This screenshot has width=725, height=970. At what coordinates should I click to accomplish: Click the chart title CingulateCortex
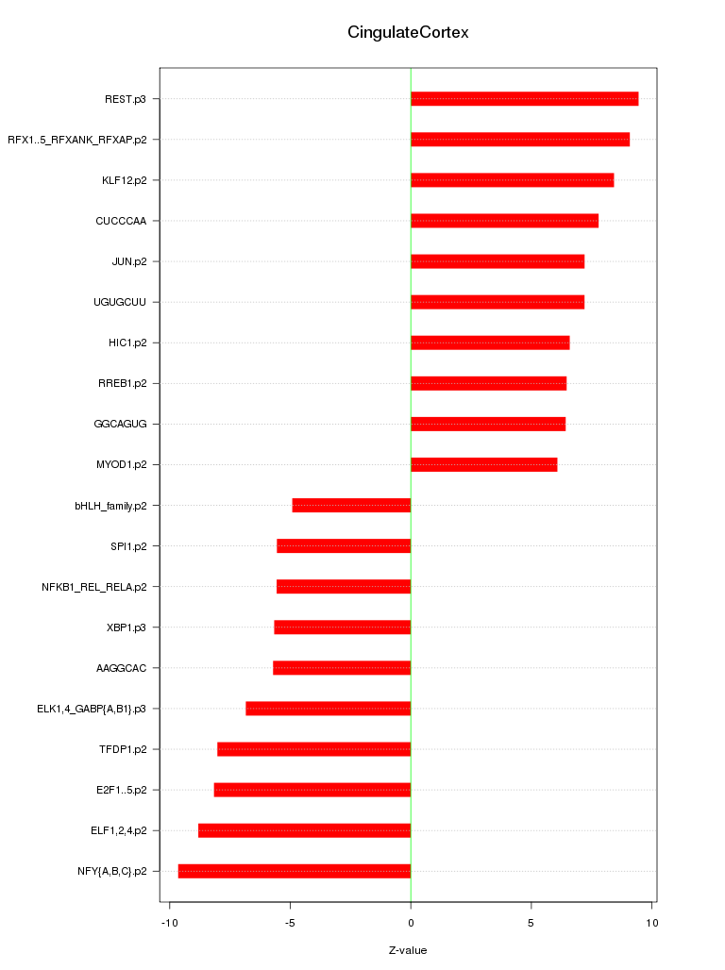tap(408, 33)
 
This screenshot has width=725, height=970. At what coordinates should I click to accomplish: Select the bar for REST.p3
tap(524, 99)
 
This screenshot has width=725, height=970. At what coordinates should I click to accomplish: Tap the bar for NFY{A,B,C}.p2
tap(295, 871)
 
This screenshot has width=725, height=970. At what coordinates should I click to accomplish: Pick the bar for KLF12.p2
tap(512, 180)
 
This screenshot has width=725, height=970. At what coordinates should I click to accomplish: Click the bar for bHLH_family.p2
tap(351, 506)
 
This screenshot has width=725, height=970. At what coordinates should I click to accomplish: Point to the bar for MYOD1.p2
tap(483, 465)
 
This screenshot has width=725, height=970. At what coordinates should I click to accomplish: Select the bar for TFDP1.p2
tap(313, 749)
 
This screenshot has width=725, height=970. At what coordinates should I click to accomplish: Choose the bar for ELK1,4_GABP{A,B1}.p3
tap(328, 709)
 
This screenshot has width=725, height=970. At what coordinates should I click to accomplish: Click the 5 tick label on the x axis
tap(531, 922)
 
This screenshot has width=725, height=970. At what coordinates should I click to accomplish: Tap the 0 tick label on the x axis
tap(411, 922)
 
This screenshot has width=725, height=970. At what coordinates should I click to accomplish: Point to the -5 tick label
tap(290, 922)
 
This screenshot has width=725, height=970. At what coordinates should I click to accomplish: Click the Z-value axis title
tap(408, 950)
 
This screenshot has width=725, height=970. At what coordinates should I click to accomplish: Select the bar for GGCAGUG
tap(488, 425)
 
